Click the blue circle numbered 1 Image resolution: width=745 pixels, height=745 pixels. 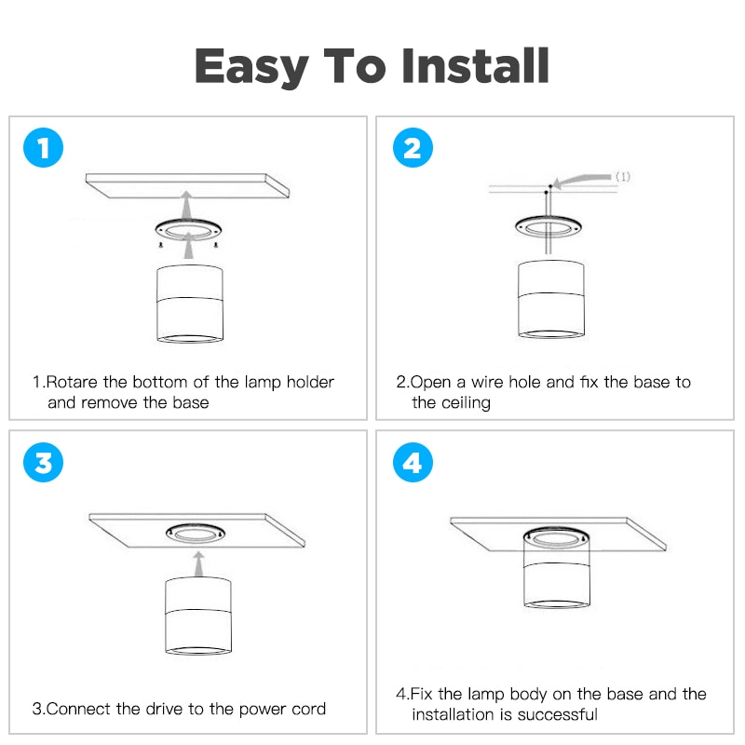[43, 148]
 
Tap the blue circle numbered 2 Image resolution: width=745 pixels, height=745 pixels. [413, 148]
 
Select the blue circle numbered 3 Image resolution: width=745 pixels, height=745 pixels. [43, 462]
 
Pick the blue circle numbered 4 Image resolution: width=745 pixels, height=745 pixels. [413, 462]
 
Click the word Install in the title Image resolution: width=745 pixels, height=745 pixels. [476, 65]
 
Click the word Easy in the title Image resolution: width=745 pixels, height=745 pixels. [251, 67]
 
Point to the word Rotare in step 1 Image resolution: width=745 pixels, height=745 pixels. [73, 382]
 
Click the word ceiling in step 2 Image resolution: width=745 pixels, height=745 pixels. [466, 403]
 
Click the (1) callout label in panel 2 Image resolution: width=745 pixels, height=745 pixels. [623, 177]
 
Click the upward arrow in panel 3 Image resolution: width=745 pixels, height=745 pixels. [199, 564]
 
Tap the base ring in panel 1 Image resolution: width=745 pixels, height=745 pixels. [188, 224]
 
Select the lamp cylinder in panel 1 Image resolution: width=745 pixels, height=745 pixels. [190, 304]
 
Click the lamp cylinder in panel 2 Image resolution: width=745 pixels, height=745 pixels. [551, 299]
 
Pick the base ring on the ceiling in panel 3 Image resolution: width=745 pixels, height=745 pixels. [196, 527]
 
